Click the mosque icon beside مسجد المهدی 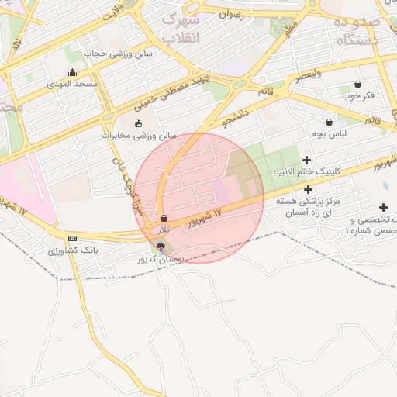coord(73,73)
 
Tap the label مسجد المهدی coord(73,84)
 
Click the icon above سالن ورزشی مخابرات coord(139,123)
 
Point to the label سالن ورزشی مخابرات coord(139,135)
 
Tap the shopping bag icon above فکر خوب coord(357,84)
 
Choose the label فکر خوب coord(357,95)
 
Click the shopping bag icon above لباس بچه coord(330,122)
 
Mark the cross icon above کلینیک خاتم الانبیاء coord(307,160)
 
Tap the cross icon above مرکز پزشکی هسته coord(308,189)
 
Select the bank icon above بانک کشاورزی coord(73,239)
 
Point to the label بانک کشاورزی coord(73,250)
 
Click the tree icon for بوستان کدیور coord(161,247)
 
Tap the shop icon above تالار coord(164,219)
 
